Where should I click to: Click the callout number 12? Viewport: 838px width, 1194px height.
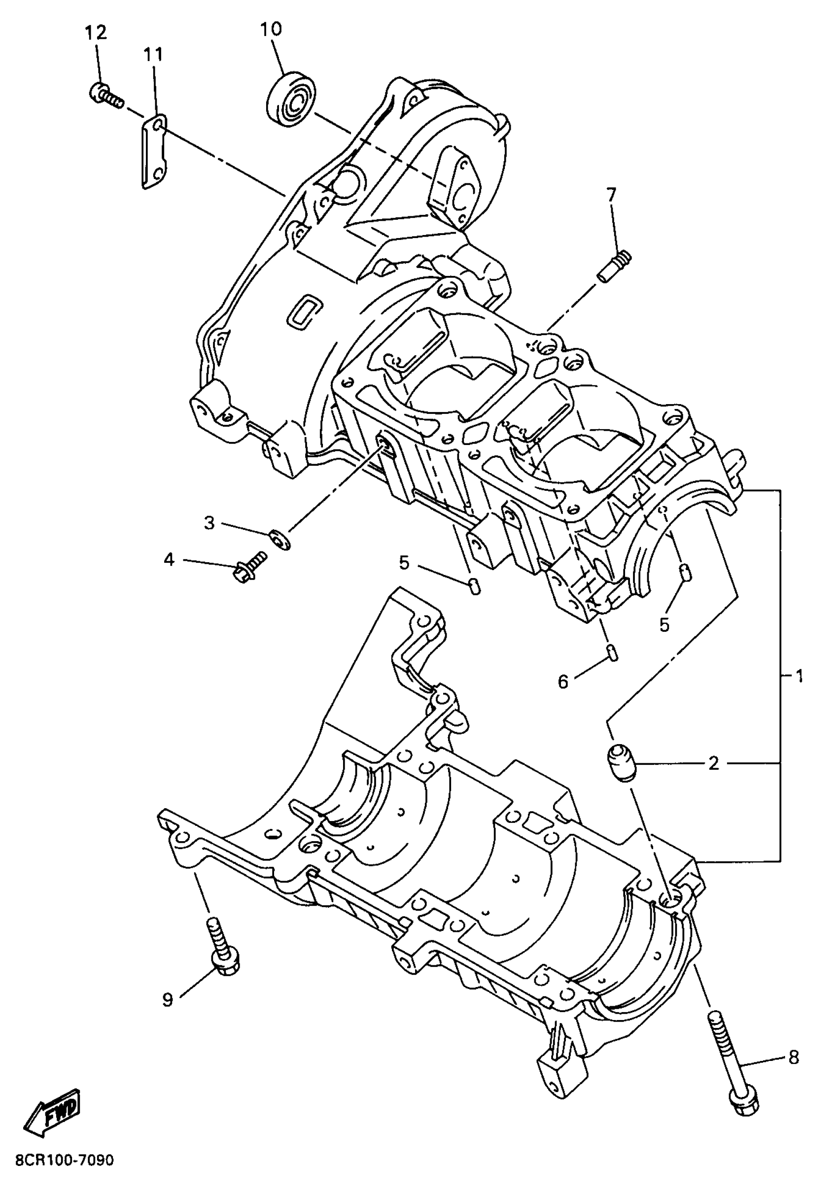(x=96, y=33)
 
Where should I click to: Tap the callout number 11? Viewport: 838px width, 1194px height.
(x=153, y=55)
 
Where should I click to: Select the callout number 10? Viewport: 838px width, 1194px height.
(x=271, y=29)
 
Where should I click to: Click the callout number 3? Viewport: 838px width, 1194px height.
(x=209, y=523)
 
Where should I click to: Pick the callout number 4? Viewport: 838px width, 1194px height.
(x=169, y=560)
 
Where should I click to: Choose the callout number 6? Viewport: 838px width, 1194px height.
(x=563, y=681)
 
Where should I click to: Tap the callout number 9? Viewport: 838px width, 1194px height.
(x=168, y=1000)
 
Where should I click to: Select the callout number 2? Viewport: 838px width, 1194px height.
(x=714, y=763)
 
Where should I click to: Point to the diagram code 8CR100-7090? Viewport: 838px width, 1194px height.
(x=65, y=1174)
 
